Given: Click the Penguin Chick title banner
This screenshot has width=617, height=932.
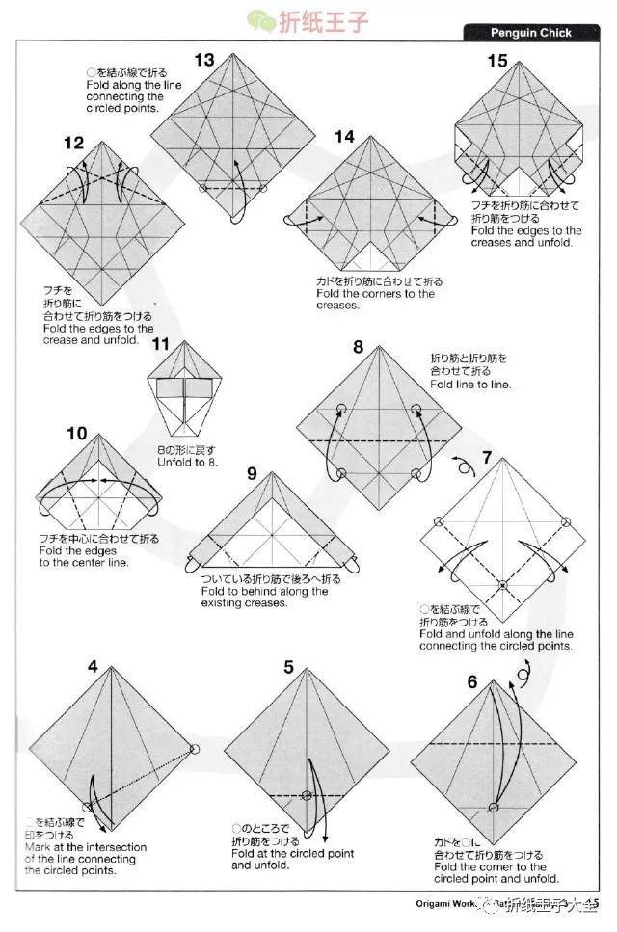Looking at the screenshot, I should pyautogui.click(x=531, y=33).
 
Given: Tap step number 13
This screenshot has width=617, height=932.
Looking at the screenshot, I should pyautogui.click(x=203, y=61).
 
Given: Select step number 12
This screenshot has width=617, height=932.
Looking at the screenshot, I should pyautogui.click(x=74, y=144).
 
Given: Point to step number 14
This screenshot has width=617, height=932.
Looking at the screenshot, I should pyautogui.click(x=345, y=137).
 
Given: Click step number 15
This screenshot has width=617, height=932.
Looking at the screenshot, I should pyautogui.click(x=497, y=62).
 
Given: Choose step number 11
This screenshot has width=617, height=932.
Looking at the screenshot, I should pyautogui.click(x=160, y=344).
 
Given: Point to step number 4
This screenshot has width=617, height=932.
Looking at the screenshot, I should pyautogui.click(x=93, y=666).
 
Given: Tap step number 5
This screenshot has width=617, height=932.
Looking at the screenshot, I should pyautogui.click(x=288, y=667).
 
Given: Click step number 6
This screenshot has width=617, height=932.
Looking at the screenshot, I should pyautogui.click(x=471, y=682).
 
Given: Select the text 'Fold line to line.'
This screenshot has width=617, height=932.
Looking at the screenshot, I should pyautogui.click(x=472, y=385).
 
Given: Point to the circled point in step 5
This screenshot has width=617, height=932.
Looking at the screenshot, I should pyautogui.click(x=308, y=795).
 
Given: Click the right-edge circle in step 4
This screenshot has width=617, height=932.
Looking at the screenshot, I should pyautogui.click(x=194, y=749).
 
